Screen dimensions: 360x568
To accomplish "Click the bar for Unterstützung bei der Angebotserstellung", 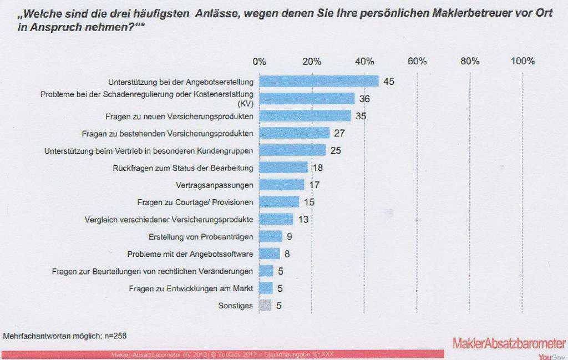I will point(319,81).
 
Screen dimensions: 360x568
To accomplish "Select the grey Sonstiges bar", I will point(265,305).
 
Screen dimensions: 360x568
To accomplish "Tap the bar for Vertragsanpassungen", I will point(282,185).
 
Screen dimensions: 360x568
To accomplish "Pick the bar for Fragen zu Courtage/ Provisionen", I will point(279,202).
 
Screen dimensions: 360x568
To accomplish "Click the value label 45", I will point(388,82).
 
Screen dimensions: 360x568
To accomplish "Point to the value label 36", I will point(364,99).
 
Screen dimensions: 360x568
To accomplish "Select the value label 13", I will point(303,220).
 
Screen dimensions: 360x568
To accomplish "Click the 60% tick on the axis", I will point(417,62).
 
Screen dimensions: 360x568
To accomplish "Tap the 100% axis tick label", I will point(523,62).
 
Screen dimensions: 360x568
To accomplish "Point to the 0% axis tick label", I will point(259,62).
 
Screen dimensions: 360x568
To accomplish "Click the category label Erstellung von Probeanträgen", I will point(201,237).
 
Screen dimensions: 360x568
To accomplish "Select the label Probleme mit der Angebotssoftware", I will point(190,254).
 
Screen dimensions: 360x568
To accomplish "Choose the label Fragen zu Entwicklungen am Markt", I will point(191,288).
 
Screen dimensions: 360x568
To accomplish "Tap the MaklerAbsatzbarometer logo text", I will point(509,343).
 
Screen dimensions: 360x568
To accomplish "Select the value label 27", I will point(339,133).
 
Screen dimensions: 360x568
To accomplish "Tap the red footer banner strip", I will point(222,354).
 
